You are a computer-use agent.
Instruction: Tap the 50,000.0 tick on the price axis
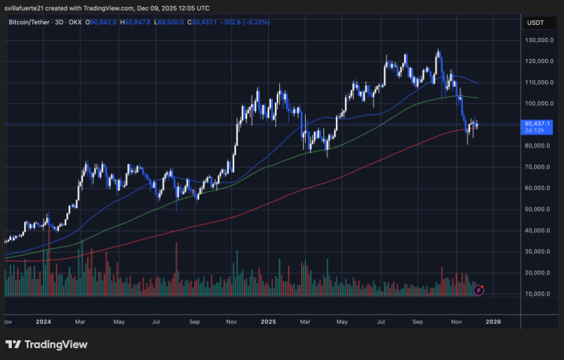pyautogui.click(x=541, y=210)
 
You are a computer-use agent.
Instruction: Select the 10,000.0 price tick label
pyautogui.click(x=541, y=294)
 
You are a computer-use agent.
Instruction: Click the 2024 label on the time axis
pyautogui.click(x=44, y=323)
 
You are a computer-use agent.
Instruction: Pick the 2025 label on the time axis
pyautogui.click(x=268, y=323)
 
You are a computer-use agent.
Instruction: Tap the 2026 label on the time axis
pyautogui.click(x=493, y=323)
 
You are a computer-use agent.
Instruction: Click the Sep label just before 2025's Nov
pyautogui.click(x=418, y=323)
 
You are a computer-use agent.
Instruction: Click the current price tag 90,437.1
pyautogui.click(x=538, y=123)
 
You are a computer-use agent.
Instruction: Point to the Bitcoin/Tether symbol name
pyautogui.click(x=29, y=22)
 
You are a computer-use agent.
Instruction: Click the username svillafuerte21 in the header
pyautogui.click(x=26, y=8)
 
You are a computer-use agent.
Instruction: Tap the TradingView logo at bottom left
pyautogui.click(x=46, y=345)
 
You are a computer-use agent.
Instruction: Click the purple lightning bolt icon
pyautogui.click(x=479, y=289)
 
